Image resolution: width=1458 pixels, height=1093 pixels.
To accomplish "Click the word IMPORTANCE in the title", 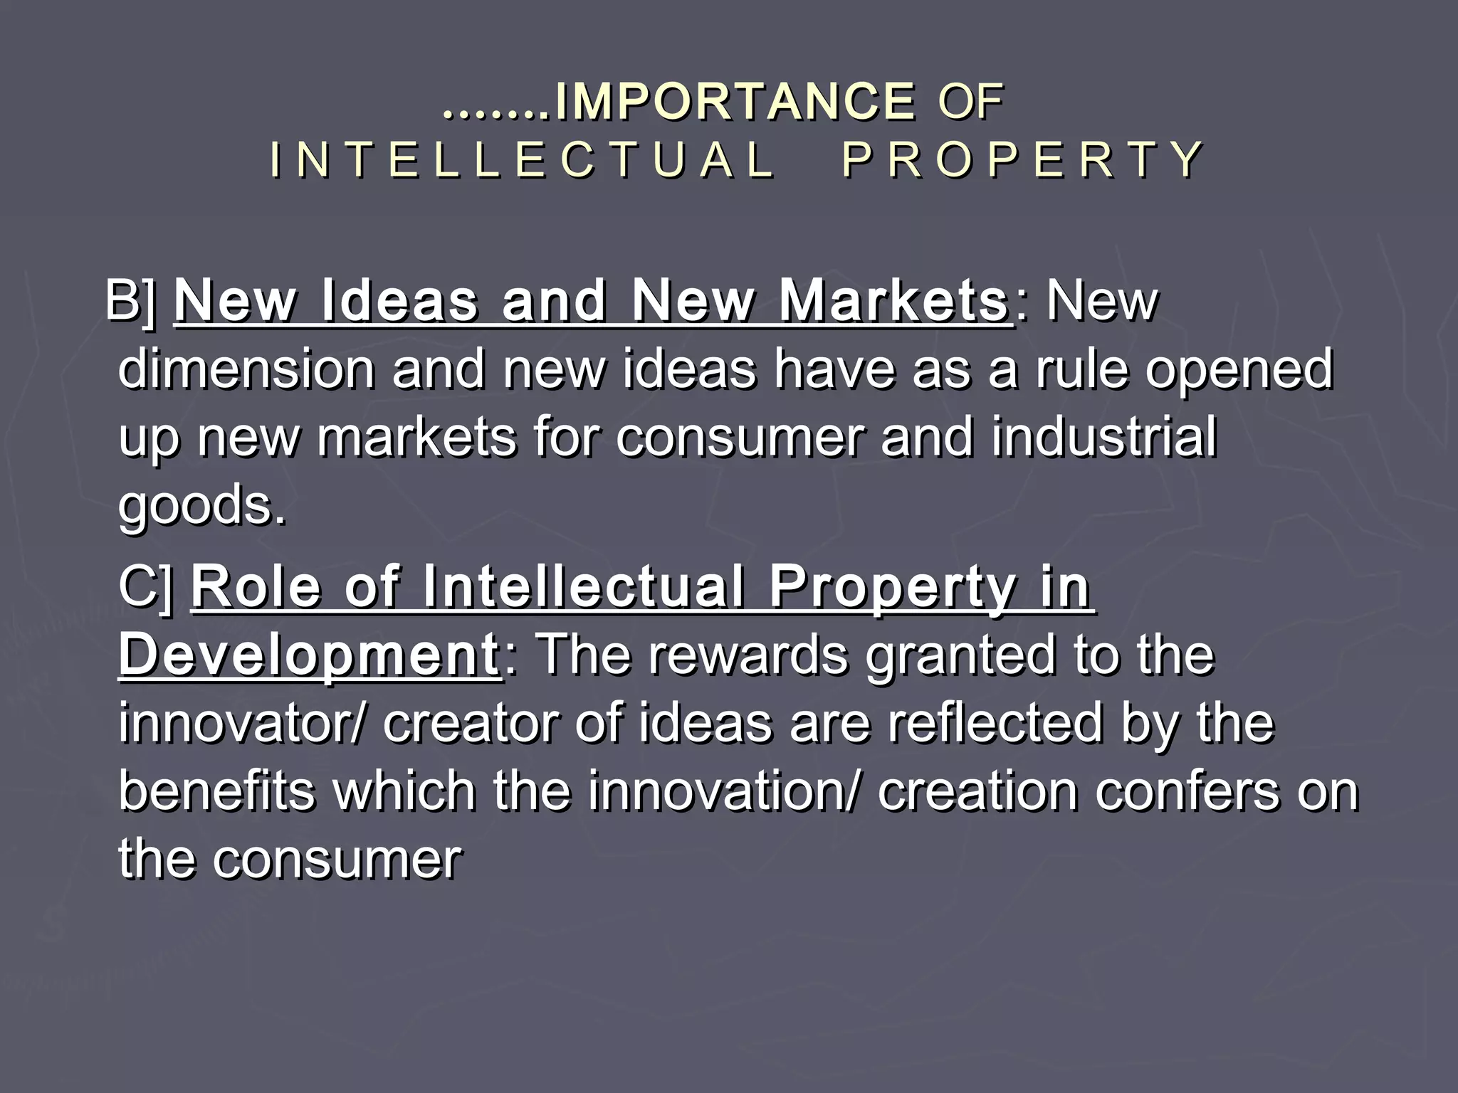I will tap(735, 102).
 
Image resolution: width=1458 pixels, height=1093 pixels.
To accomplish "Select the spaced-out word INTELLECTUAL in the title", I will tap(523, 159).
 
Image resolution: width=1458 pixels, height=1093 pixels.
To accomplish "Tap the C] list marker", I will tap(145, 587).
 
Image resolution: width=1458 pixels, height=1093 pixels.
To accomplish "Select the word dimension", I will tap(246, 370).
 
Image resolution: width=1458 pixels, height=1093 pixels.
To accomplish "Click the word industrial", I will tap(1103, 437).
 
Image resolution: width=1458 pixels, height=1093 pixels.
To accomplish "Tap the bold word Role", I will tap(256, 587).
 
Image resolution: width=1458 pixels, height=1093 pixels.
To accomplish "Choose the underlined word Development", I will tap(309, 655).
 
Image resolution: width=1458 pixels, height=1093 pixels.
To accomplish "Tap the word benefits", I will tap(216, 791).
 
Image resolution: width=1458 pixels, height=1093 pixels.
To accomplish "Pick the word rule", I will tap(1082, 370).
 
